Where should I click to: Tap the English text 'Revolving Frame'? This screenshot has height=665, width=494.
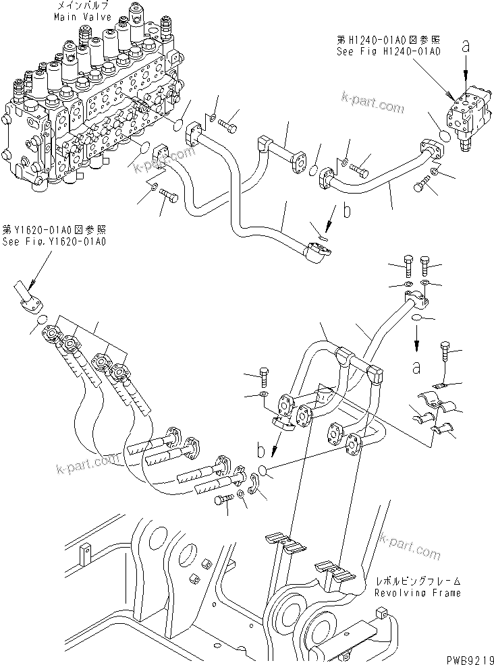(418, 593)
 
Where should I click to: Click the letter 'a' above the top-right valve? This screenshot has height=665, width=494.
(466, 46)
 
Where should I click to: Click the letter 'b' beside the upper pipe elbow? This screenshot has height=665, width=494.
(347, 211)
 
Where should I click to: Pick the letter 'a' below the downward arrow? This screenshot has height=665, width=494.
(416, 368)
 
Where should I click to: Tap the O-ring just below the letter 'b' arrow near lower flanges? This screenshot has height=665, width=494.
(264, 471)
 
